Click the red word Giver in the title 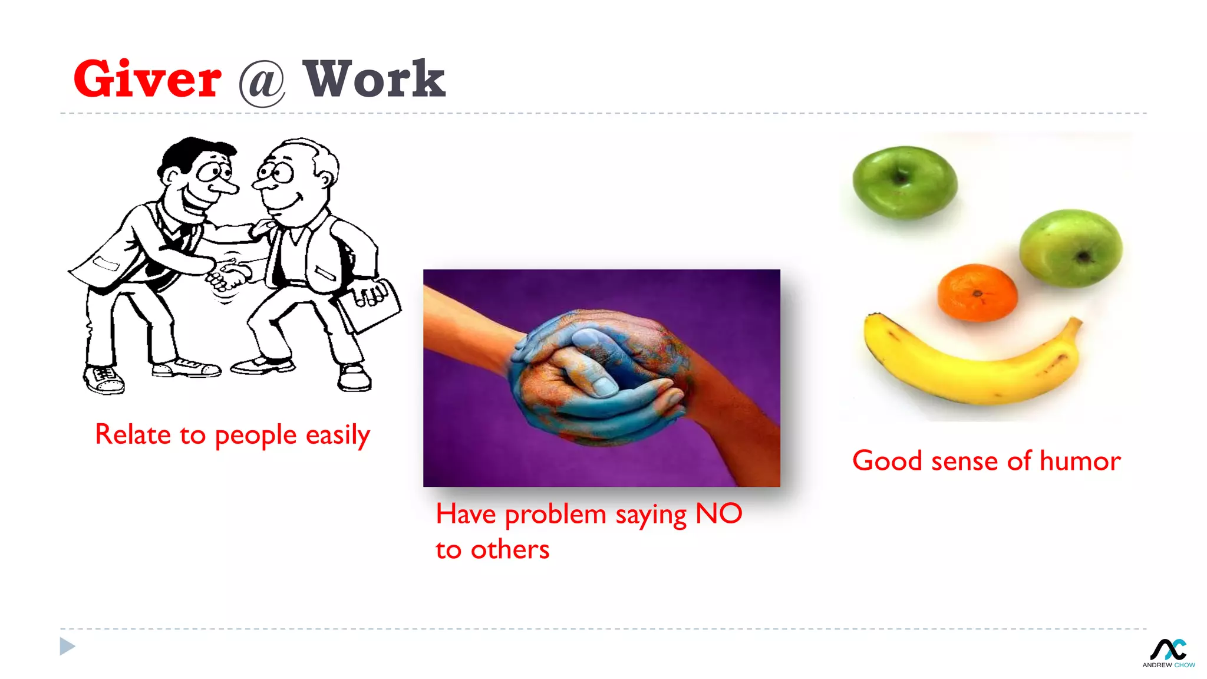(x=147, y=79)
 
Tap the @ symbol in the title (x=262, y=83)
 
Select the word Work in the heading (x=374, y=79)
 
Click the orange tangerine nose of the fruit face (x=977, y=293)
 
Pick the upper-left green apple (x=905, y=183)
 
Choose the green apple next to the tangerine (x=1071, y=248)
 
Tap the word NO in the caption (x=718, y=514)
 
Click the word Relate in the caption (x=133, y=435)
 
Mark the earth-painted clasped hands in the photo (x=598, y=377)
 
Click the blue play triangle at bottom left (x=67, y=647)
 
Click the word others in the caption (x=510, y=550)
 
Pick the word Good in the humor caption (x=887, y=461)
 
